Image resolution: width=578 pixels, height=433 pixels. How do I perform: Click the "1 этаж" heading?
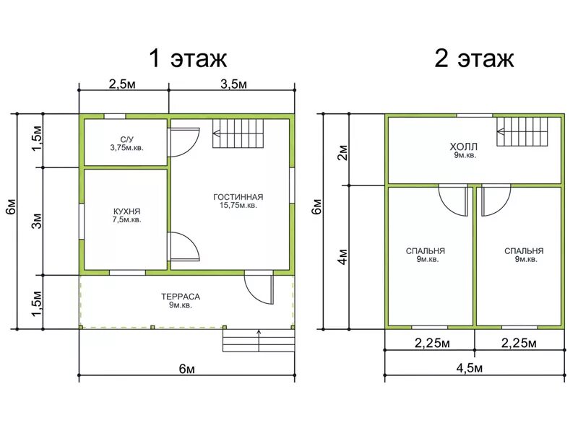pyautogui.click(x=188, y=58)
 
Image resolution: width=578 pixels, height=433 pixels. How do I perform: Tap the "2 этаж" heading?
pyautogui.click(x=474, y=58)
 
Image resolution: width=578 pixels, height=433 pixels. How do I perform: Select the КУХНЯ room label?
pyautogui.click(x=127, y=211)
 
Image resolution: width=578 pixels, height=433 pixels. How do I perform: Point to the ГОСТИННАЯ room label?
pyautogui.click(x=238, y=197)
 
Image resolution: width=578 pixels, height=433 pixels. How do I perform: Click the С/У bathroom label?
pyautogui.click(x=127, y=139)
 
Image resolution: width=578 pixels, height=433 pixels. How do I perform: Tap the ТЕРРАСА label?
pyautogui.click(x=181, y=297)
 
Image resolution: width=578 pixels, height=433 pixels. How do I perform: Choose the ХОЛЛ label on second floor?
pyautogui.click(x=463, y=146)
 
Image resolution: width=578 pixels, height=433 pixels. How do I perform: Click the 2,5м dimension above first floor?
pyautogui.click(x=122, y=84)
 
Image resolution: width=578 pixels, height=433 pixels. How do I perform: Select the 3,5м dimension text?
pyautogui.click(x=233, y=84)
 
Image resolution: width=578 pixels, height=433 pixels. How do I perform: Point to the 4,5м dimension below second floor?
pyautogui.click(x=469, y=368)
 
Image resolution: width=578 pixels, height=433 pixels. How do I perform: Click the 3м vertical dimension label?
pyautogui.click(x=38, y=221)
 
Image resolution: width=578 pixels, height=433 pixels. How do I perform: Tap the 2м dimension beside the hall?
pyautogui.click(x=342, y=152)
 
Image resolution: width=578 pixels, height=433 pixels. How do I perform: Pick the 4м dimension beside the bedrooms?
pyautogui.click(x=342, y=257)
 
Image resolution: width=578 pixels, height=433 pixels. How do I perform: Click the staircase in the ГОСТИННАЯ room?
pyautogui.click(x=238, y=134)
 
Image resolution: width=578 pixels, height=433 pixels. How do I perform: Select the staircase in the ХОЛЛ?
pyautogui.click(x=522, y=132)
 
